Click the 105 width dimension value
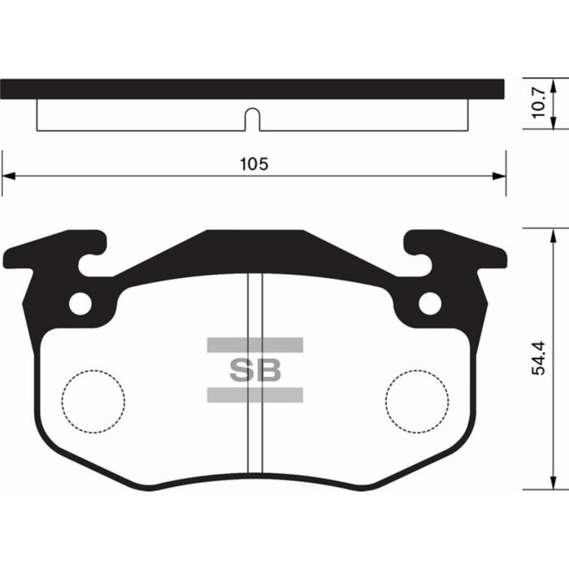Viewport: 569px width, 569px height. coord(254,163)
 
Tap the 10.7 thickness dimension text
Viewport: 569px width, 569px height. coord(537,104)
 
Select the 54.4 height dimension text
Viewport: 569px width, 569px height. coord(537,358)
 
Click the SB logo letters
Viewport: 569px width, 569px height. coord(254,370)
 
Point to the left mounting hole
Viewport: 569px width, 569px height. coord(80,303)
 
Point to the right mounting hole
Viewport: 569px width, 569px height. coord(429,303)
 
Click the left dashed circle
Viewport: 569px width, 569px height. coord(94,401)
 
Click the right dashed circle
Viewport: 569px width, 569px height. coord(416,401)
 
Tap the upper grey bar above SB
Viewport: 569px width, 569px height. coord(254,345)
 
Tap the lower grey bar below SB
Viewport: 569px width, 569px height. coord(254,395)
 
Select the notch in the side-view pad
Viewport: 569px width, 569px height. coord(253,119)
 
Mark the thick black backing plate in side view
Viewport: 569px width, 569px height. coord(253,89)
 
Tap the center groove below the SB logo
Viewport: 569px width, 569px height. coord(255,439)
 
